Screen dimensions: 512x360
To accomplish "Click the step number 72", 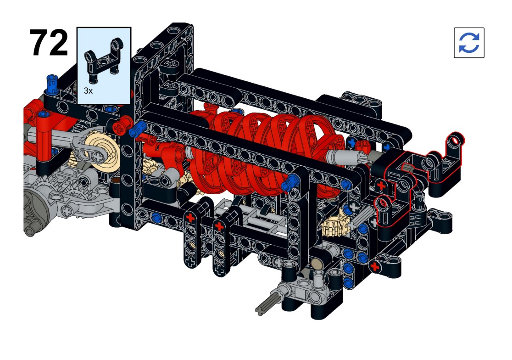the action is point(49,43).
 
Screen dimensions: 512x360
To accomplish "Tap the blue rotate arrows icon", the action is point(469,43).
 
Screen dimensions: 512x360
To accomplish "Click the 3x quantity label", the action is point(88,91).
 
